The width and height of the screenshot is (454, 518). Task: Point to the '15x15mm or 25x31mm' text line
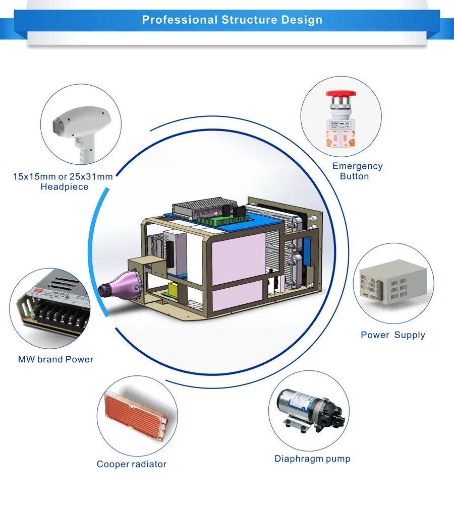[x=63, y=177]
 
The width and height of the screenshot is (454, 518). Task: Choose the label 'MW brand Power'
[x=55, y=360]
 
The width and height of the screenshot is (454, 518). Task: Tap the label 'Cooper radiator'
[x=131, y=464]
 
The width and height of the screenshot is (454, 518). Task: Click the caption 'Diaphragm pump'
[x=312, y=459]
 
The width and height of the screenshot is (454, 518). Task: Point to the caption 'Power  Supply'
[x=392, y=335]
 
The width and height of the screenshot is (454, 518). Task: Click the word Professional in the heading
[x=179, y=20]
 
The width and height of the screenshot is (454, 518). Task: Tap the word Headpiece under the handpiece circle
[x=64, y=187]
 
